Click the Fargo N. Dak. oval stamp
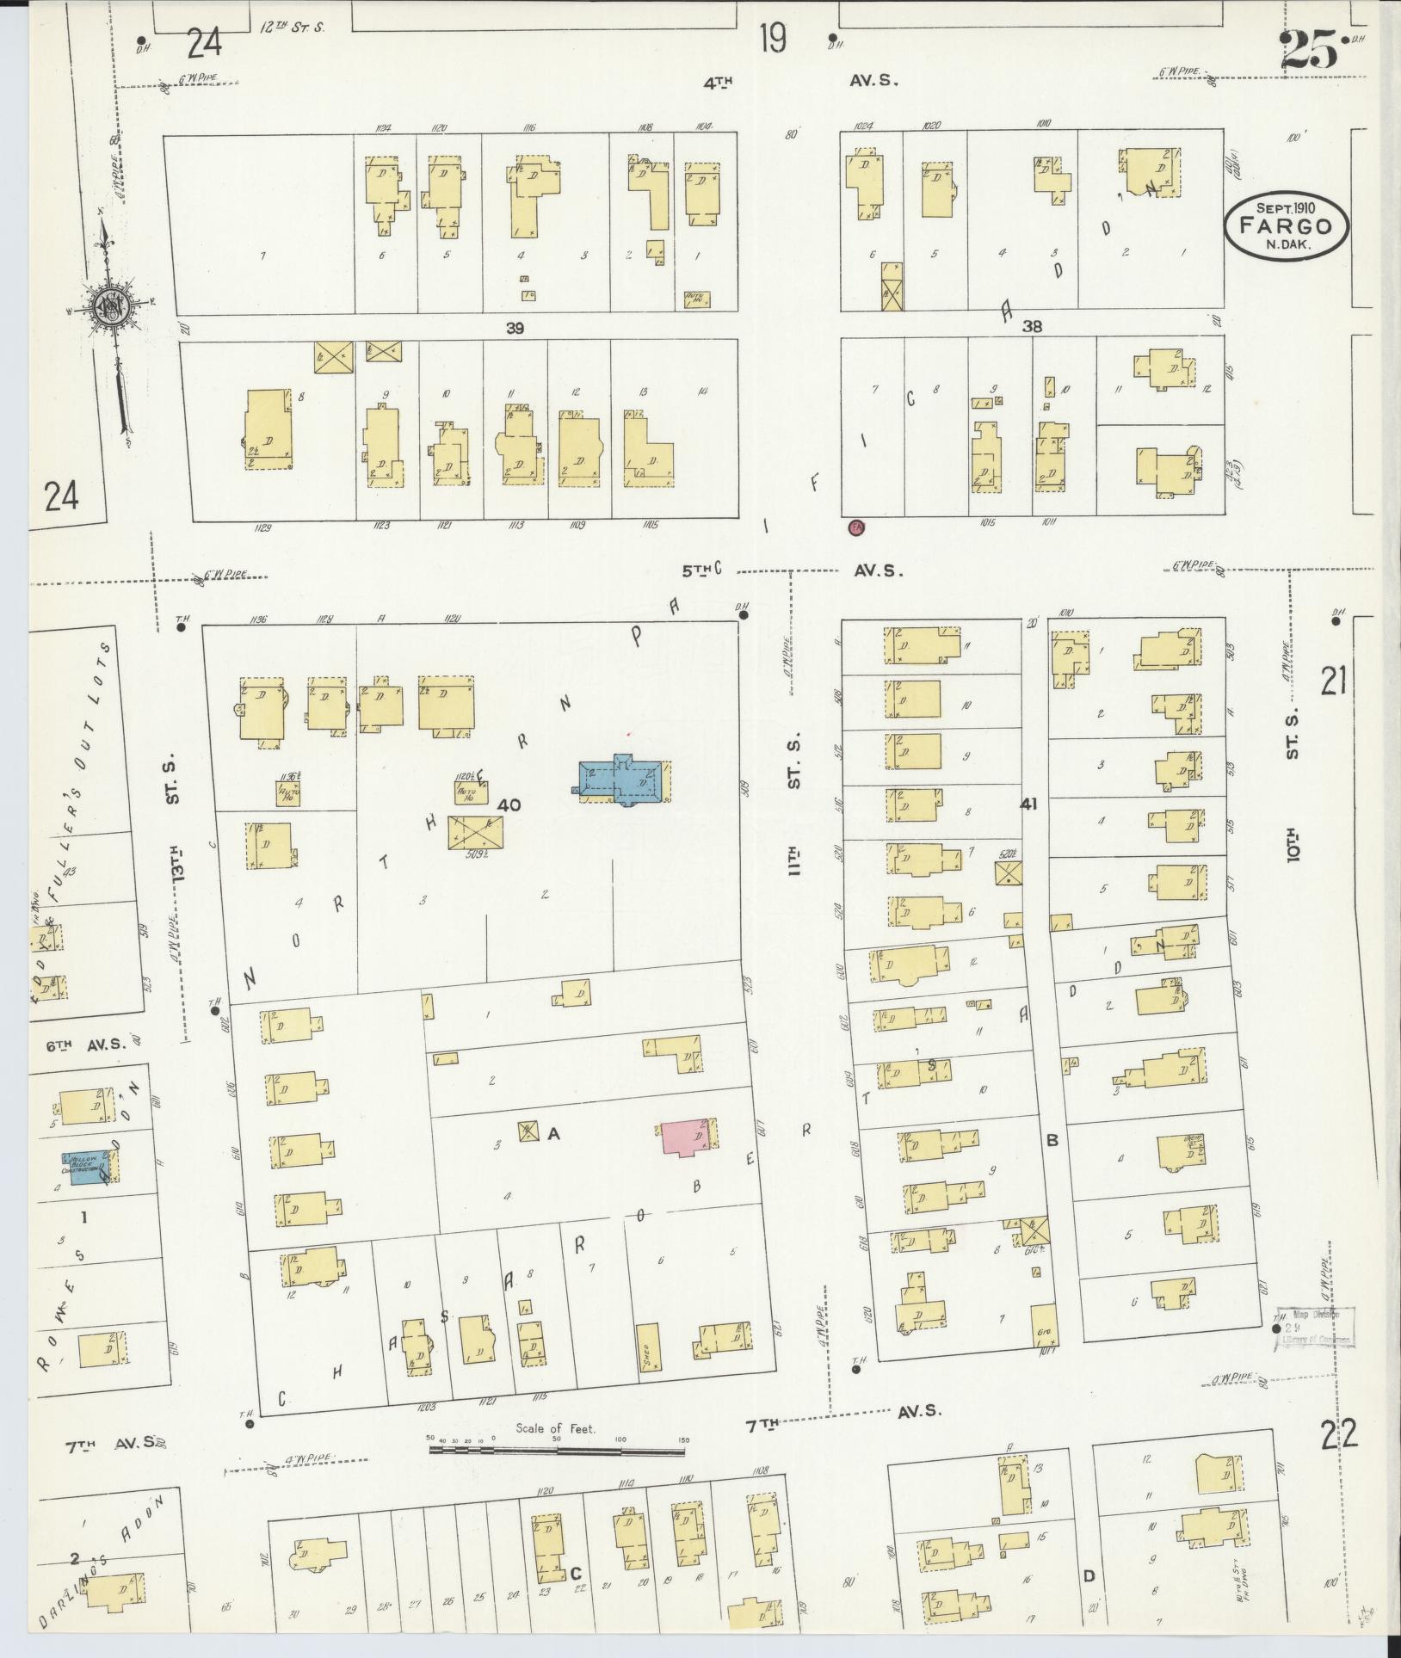pos(1287,224)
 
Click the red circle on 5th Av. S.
pos(856,527)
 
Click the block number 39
pos(515,328)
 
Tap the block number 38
pos(1032,327)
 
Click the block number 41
pos(1028,804)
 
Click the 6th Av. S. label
pos(86,1045)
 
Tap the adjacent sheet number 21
pos(1333,681)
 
